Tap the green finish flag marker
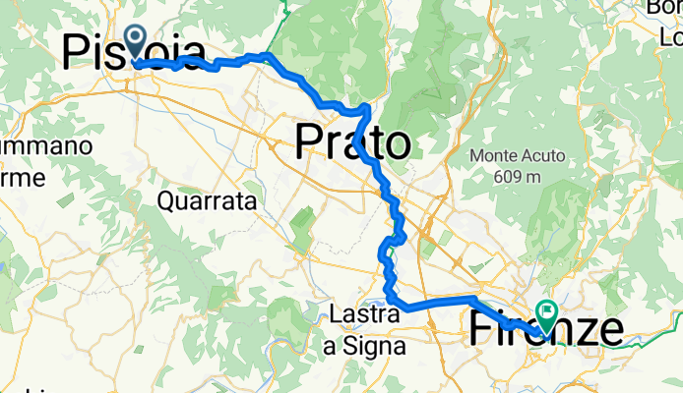pyautogui.click(x=546, y=314)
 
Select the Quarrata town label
pyautogui.click(x=207, y=201)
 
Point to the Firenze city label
pyautogui.click(x=546, y=330)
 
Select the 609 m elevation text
pyautogui.click(x=519, y=176)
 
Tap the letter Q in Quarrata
pyautogui.click(x=166, y=201)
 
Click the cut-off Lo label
pyautogui.click(x=670, y=39)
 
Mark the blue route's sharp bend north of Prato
pyautogui.click(x=367, y=106)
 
